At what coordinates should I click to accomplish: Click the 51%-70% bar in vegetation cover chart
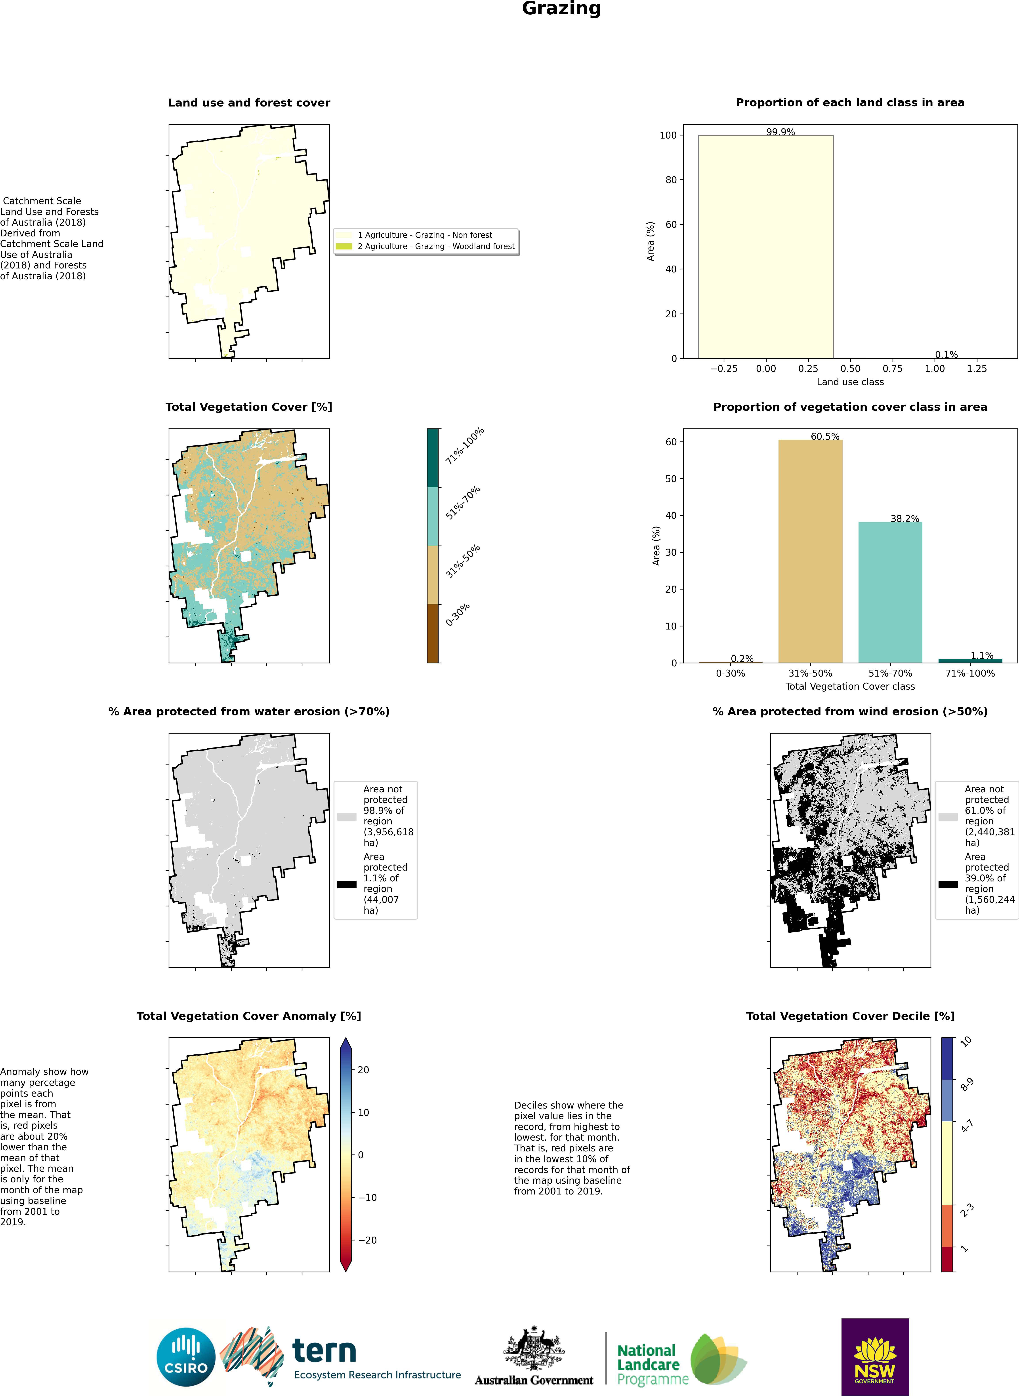click(890, 592)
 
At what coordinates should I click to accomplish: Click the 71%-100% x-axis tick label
click(970, 673)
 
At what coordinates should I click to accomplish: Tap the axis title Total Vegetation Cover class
click(850, 686)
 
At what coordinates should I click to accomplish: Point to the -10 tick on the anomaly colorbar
click(367, 1197)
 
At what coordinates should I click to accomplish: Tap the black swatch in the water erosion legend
click(347, 884)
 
